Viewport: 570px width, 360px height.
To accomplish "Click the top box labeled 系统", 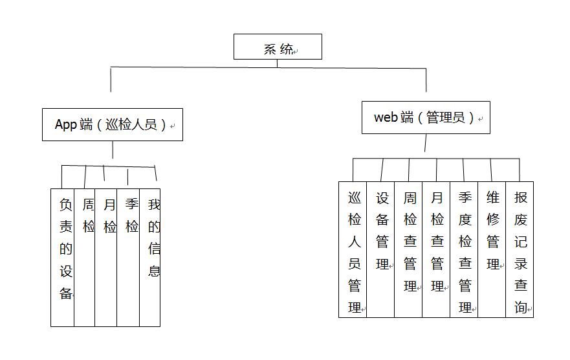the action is click(278, 47).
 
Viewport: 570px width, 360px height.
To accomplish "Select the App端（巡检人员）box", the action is click(113, 124).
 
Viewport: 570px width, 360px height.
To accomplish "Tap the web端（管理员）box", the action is click(426, 117).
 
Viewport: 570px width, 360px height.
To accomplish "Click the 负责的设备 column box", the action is click(63, 258).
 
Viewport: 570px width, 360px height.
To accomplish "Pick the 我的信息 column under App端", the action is click(149, 258).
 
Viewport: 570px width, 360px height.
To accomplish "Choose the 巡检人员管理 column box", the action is click(353, 249).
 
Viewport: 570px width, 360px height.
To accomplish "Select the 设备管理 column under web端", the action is click(380, 249).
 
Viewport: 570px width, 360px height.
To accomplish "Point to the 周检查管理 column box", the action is click(408, 249).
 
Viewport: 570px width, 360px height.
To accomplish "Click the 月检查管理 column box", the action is click(436, 249).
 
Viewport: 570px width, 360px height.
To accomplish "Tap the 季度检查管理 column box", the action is click(464, 249).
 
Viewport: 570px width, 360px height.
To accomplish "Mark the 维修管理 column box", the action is click(492, 249).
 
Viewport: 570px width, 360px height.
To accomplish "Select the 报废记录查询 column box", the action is click(520, 249).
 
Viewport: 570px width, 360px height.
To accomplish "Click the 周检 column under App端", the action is click(84, 258).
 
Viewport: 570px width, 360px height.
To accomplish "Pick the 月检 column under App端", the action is click(106, 258).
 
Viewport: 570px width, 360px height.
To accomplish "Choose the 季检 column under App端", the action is click(128, 258).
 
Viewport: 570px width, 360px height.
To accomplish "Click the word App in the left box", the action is click(66, 125).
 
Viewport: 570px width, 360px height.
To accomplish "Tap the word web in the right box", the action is click(386, 117).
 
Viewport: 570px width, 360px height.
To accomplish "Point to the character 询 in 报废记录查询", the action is click(521, 308).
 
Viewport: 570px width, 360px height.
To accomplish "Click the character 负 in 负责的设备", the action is click(66, 205).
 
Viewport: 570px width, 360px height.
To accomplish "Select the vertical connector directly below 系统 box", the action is click(278, 63).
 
